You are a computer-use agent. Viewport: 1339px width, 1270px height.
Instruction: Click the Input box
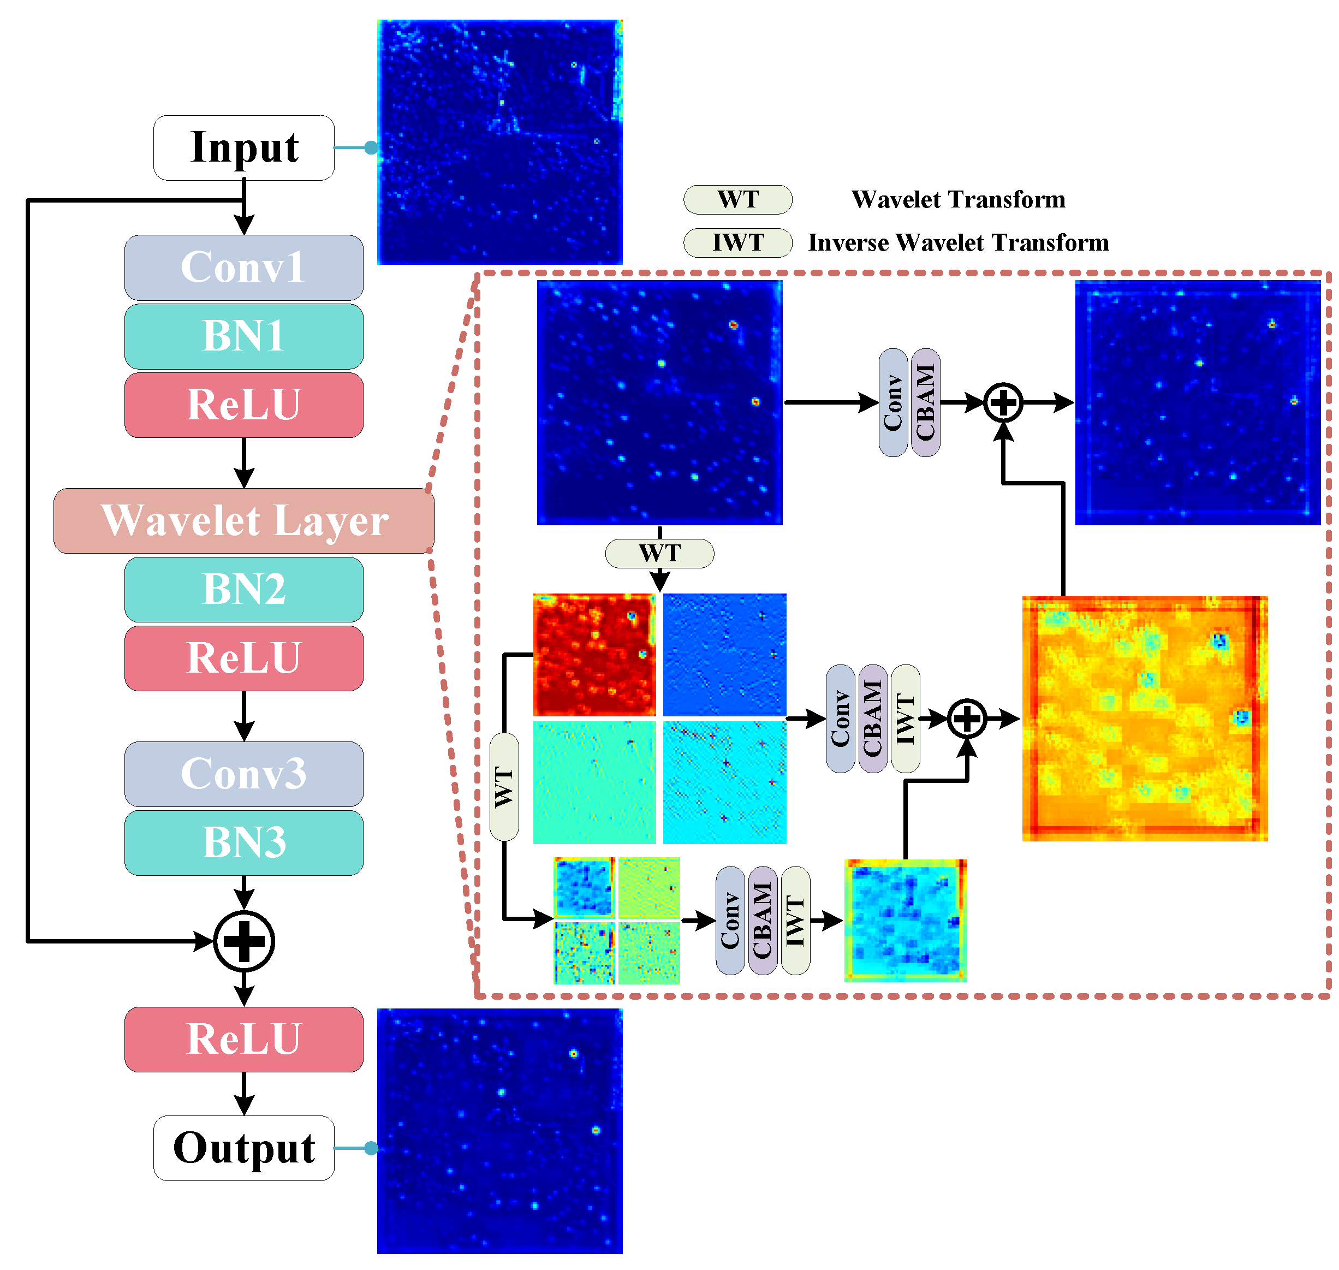click(x=243, y=147)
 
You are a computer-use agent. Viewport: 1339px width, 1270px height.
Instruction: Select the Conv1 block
click(x=243, y=268)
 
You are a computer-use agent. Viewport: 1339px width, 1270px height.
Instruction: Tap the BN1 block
click(x=243, y=336)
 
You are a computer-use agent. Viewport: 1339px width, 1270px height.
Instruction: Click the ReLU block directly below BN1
click(x=243, y=405)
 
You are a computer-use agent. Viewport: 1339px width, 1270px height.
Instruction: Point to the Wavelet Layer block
click(x=243, y=520)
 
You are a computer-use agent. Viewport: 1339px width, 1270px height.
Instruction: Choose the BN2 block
click(x=243, y=590)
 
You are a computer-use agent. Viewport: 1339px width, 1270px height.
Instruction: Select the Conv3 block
click(x=243, y=774)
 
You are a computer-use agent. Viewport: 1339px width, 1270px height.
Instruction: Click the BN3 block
click(x=243, y=843)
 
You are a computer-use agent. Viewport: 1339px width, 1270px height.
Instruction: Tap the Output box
click(x=243, y=1148)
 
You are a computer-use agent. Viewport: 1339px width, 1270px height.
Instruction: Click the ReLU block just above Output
click(x=243, y=1039)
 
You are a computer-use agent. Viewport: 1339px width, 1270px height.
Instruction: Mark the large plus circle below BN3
click(x=243, y=941)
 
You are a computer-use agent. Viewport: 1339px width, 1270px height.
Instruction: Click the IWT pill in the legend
click(x=737, y=243)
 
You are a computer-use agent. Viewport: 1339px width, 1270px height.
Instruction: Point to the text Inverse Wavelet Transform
click(x=958, y=243)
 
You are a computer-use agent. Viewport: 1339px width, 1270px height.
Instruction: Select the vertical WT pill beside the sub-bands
click(x=504, y=787)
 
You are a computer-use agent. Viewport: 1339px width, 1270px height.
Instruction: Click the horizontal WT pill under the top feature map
click(x=659, y=554)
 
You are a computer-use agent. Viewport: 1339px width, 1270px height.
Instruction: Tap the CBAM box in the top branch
click(x=925, y=403)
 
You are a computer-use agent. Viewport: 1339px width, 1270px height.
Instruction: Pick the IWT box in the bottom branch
click(x=795, y=921)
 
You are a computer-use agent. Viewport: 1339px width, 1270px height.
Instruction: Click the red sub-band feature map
click(x=594, y=655)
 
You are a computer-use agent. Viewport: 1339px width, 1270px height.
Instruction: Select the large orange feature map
click(x=1144, y=719)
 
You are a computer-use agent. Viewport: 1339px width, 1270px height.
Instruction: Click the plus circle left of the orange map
click(x=967, y=719)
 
